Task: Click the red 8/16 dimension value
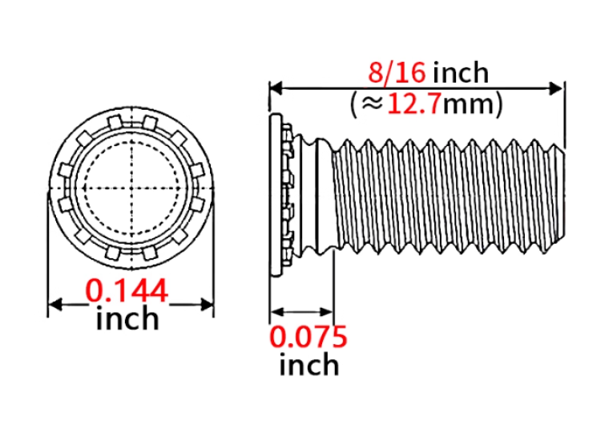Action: pos(397,72)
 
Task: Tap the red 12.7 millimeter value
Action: pos(414,104)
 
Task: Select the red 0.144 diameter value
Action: pos(127,290)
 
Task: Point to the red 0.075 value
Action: pos(309,337)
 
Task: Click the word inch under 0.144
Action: pos(127,318)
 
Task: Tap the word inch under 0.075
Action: pos(309,365)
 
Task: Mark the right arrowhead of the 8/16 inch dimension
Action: pos(556,89)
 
